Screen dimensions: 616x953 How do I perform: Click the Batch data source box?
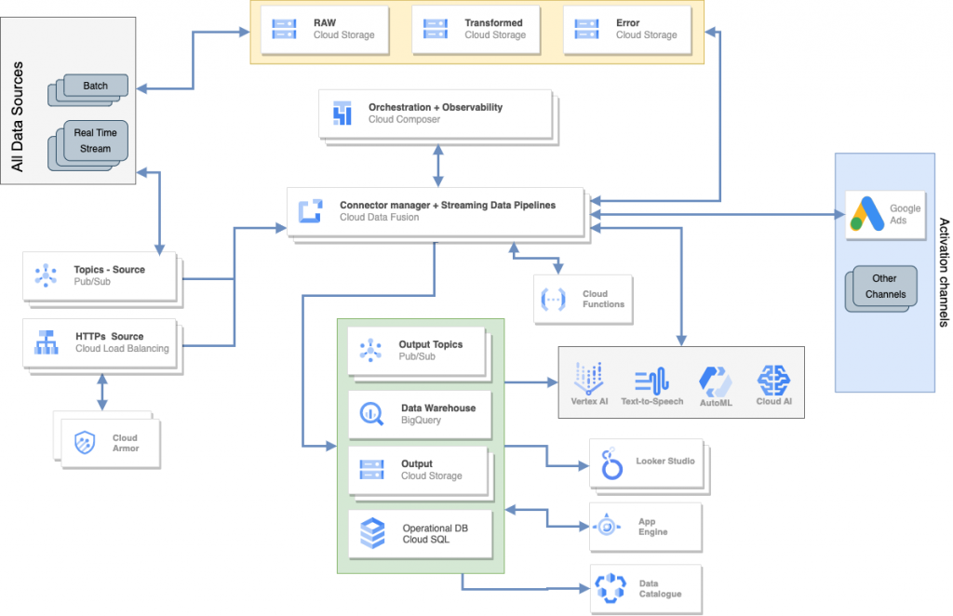[95, 86]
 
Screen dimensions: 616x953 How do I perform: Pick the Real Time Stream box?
[94, 141]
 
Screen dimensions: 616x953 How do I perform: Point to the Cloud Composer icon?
[342, 114]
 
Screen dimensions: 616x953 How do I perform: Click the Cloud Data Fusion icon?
[310, 211]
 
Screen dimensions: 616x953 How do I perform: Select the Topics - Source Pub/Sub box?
[99, 275]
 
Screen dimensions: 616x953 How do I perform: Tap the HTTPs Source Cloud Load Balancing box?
[99, 342]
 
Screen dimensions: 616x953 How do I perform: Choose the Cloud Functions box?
[583, 300]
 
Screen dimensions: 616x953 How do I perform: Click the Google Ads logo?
[863, 215]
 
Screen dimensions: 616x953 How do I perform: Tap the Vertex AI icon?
[589, 381]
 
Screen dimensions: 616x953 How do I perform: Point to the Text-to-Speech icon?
[652, 381]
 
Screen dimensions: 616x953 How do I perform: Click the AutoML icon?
[716, 381]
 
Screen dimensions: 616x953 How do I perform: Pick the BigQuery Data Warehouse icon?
[372, 414]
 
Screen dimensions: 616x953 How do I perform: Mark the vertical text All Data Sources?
[17, 117]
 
